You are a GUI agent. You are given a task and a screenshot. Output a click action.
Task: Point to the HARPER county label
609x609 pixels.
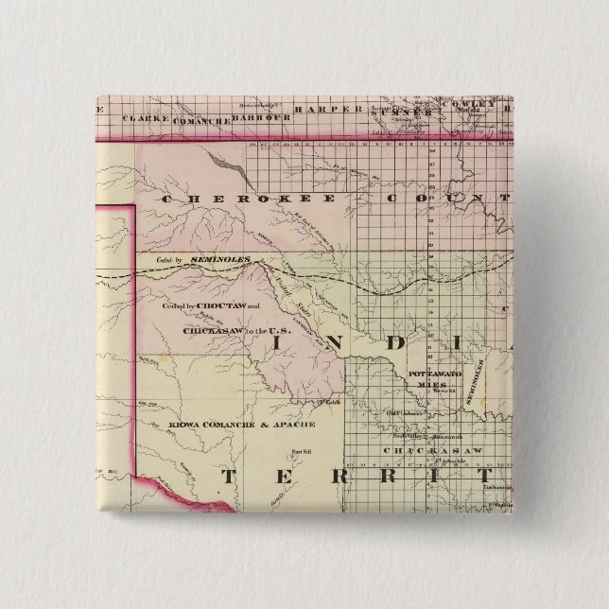[319, 112]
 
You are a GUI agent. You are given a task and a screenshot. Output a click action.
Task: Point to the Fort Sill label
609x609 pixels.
[301, 449]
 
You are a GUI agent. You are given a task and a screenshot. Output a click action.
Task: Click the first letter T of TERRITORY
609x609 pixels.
[227, 477]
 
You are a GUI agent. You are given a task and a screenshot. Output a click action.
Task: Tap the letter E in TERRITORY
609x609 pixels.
[295, 477]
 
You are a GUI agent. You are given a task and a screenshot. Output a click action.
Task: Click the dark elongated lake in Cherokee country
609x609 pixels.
[233, 167]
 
